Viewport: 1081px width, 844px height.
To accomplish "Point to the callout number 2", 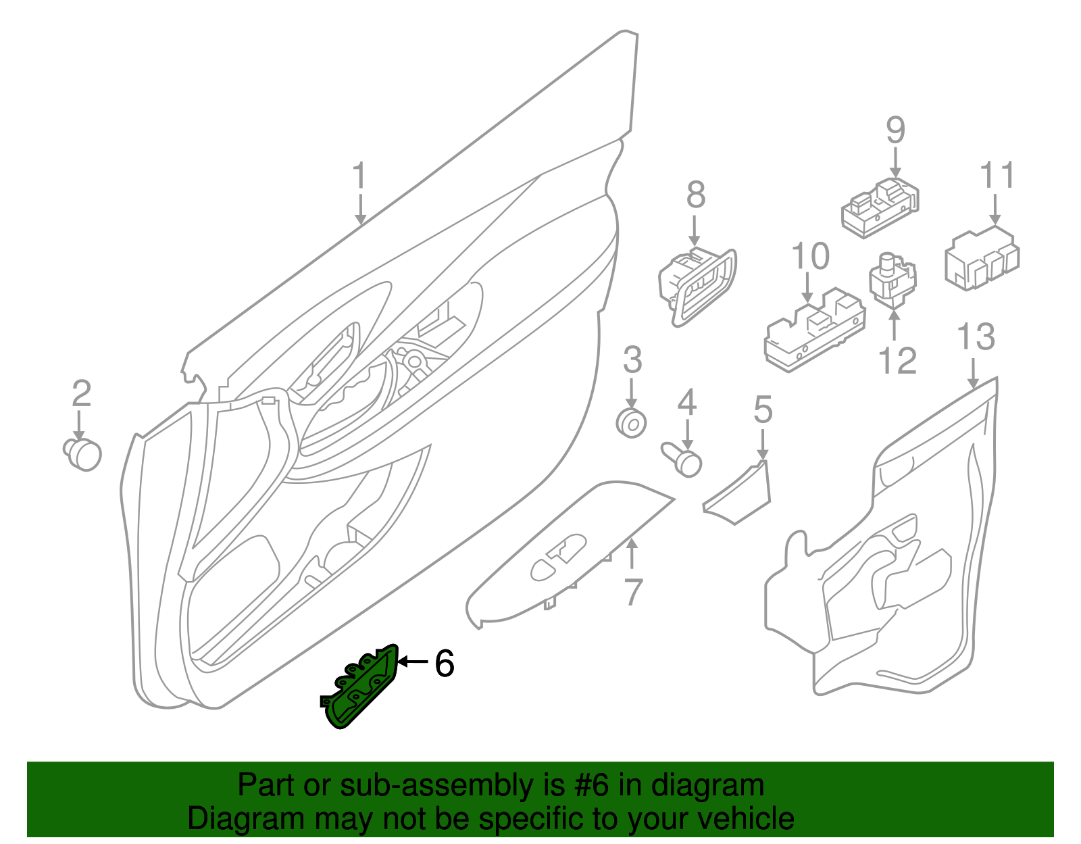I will click(x=81, y=393).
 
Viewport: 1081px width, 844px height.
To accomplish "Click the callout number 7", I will click(x=632, y=592).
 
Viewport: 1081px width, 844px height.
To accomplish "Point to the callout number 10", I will click(x=810, y=257).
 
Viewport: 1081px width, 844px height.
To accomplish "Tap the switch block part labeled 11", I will click(x=982, y=259).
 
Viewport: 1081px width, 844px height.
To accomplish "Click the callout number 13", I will click(x=976, y=337).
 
